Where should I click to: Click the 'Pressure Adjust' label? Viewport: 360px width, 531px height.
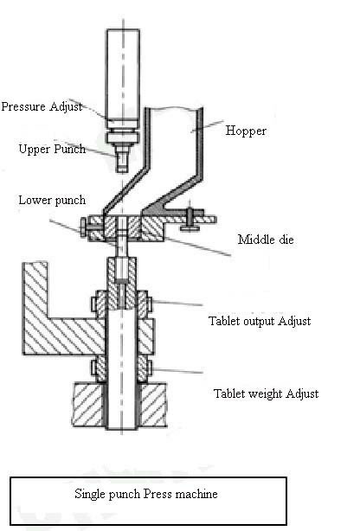[x=42, y=106]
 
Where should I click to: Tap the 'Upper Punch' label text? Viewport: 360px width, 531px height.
[x=52, y=149]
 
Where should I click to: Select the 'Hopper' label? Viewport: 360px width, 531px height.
[x=246, y=131]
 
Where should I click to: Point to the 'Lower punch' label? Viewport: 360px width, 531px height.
[x=52, y=200]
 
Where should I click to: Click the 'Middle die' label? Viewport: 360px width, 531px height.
[x=266, y=240]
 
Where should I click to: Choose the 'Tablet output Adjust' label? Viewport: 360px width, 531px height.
[x=260, y=321]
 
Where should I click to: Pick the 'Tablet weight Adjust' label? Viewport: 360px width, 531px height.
[x=266, y=393]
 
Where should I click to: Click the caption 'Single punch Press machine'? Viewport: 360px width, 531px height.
[x=146, y=494]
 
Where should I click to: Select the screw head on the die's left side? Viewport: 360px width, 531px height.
[x=83, y=227]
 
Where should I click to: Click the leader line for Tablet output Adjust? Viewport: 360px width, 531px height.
[x=177, y=303]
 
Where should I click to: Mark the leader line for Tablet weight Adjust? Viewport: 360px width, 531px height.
[x=177, y=371]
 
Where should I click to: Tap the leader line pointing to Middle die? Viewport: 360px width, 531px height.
[x=198, y=246]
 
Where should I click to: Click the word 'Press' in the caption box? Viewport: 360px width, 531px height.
[x=157, y=494]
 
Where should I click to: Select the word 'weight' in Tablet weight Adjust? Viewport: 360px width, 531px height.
[x=266, y=394]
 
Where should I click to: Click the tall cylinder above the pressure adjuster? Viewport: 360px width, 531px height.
[x=123, y=74]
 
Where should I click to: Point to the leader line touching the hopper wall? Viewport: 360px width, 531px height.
[x=207, y=126]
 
